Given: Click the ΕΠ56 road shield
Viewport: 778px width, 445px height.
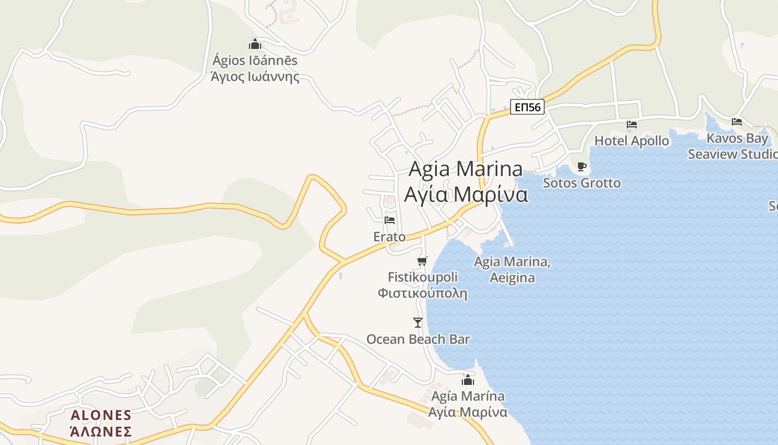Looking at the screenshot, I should pyautogui.click(x=527, y=107).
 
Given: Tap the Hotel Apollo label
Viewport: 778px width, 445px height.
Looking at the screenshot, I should pyautogui.click(x=631, y=141).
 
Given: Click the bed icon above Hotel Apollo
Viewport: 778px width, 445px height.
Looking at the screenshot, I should pyautogui.click(x=632, y=124).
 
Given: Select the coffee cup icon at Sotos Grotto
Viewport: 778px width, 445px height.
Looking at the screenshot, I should pyautogui.click(x=582, y=166).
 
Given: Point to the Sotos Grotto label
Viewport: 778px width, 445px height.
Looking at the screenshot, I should pyautogui.click(x=582, y=182).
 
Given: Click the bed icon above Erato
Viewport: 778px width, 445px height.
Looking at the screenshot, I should pyautogui.click(x=390, y=221).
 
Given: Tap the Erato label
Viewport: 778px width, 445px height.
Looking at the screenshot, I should pyautogui.click(x=390, y=237).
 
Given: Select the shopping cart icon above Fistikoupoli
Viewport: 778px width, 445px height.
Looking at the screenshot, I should pyautogui.click(x=422, y=261).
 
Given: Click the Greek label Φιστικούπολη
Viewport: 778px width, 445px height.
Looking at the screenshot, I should pyautogui.click(x=422, y=293).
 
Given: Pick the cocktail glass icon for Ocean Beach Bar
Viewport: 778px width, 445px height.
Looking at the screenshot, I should pyautogui.click(x=418, y=322).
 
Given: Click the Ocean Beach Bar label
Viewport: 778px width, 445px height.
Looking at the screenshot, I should pyautogui.click(x=418, y=339).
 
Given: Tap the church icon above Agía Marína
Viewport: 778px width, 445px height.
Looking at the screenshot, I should pyautogui.click(x=468, y=380).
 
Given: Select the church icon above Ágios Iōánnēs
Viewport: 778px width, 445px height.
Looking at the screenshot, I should pyautogui.click(x=255, y=44).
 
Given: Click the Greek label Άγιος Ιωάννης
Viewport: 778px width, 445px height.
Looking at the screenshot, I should pyautogui.click(x=255, y=77).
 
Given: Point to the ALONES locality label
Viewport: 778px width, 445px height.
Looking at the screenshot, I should pyautogui.click(x=101, y=415).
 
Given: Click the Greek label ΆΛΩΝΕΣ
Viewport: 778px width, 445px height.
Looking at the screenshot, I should pyautogui.click(x=101, y=431).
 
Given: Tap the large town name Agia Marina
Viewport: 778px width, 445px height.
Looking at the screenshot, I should pyautogui.click(x=466, y=169).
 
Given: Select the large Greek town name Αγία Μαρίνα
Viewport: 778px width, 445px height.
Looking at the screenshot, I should pyautogui.click(x=466, y=195).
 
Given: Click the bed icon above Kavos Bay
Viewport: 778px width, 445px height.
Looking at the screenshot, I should pyautogui.click(x=737, y=121).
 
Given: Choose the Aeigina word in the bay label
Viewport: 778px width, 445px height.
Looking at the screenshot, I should pyautogui.click(x=512, y=278).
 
